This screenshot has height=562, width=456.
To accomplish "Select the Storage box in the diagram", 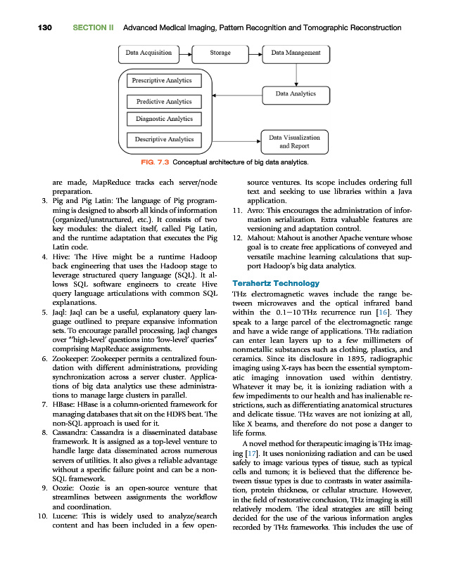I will click(x=221, y=52).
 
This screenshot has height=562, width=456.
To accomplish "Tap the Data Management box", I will click(x=296, y=52).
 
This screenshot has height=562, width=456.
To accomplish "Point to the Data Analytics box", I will click(x=296, y=93).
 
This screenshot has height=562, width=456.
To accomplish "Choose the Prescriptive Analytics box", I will click(x=163, y=80).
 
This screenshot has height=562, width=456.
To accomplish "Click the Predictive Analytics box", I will click(x=164, y=102).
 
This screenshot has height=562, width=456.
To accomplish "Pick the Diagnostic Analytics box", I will click(x=164, y=119).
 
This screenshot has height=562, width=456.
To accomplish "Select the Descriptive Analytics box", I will click(x=164, y=140).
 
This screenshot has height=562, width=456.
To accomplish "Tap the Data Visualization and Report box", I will click(x=294, y=142).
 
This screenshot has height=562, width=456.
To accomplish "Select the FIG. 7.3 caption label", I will click(x=154, y=163).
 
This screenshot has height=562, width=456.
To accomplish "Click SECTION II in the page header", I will click(x=93, y=27).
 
